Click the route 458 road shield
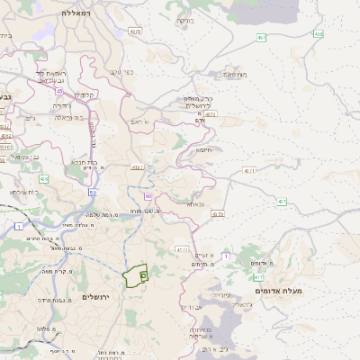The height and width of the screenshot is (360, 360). pyautogui.click(x=318, y=34)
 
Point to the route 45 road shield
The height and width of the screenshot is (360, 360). pyautogui.click(x=59, y=91)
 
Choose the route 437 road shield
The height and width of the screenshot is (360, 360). pyautogui.click(x=218, y=214)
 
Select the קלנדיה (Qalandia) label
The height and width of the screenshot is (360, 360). pyautogui.click(x=85, y=94)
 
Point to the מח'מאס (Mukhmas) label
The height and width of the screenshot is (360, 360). pyautogui.click(x=236, y=75)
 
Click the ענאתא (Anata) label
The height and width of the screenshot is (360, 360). pyautogui.click(x=199, y=204)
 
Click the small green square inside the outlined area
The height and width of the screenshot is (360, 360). pyautogui.click(x=143, y=275)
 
